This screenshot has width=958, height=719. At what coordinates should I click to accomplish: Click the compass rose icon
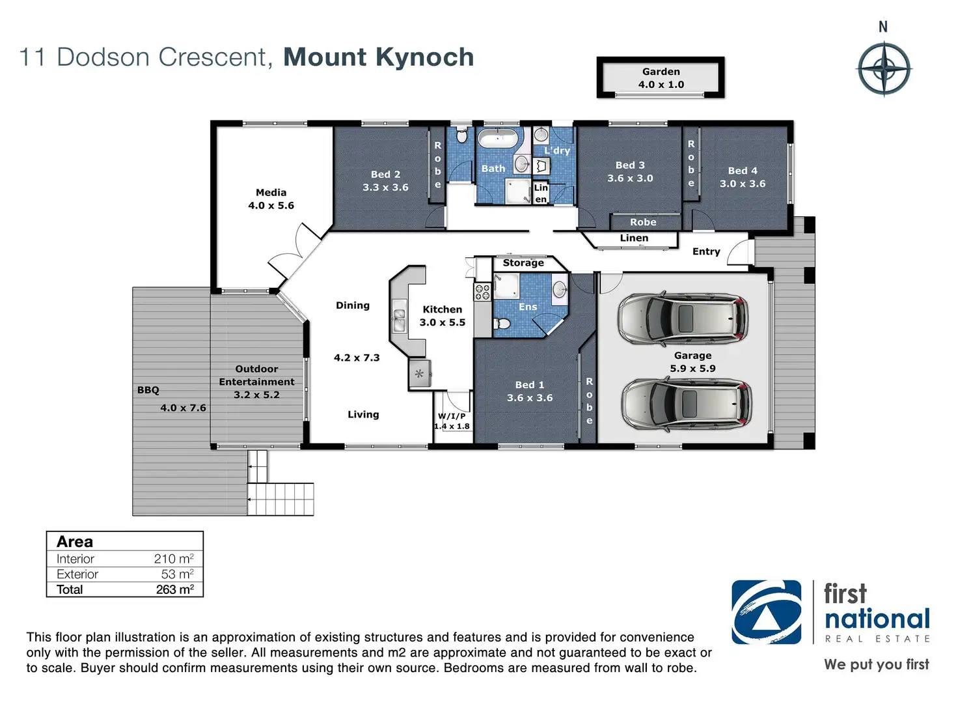click(x=884, y=68)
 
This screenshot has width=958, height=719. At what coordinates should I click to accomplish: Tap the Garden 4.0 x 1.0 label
click(x=661, y=78)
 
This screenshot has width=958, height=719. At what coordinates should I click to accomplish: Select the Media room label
click(x=271, y=199)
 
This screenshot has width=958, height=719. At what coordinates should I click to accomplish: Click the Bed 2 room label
click(x=385, y=180)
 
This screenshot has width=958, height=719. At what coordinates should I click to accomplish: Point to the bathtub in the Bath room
click(x=498, y=139)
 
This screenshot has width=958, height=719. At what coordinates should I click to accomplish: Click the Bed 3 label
click(x=630, y=171)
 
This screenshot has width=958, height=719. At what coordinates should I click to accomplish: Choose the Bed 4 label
click(x=743, y=177)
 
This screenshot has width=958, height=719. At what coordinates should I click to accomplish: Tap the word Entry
click(x=706, y=251)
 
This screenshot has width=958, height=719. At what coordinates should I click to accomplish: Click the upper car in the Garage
click(x=683, y=318)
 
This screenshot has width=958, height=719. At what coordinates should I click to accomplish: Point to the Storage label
click(x=523, y=262)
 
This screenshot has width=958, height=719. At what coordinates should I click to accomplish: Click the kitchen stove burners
click(x=482, y=292)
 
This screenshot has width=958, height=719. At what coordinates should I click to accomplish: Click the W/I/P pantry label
click(x=452, y=421)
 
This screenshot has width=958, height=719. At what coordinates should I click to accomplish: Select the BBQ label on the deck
click(x=148, y=390)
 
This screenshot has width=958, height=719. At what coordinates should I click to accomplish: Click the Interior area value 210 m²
click(x=174, y=559)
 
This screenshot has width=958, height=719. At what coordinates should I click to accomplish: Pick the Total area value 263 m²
click(x=174, y=589)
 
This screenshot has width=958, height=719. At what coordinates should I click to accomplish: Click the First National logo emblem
click(x=767, y=612)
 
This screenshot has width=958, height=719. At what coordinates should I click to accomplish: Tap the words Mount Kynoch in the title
click(x=378, y=57)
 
